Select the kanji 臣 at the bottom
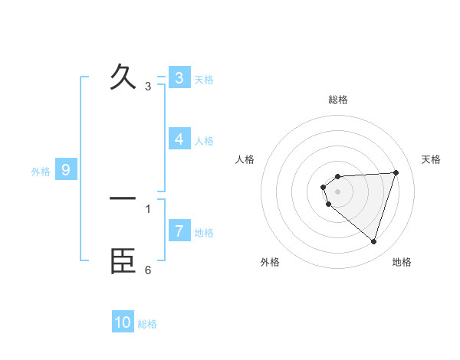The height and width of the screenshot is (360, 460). point(123,260)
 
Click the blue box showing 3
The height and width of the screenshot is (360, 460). point(179,77)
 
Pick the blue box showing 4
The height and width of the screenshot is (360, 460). point(179,139)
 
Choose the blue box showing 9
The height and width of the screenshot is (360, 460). point(66,170)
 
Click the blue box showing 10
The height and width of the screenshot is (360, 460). point(123,322)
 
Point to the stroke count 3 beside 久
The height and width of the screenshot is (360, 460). point(148,87)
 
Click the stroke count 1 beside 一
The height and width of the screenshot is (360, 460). point(148,208)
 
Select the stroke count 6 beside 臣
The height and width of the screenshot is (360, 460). point(148,270)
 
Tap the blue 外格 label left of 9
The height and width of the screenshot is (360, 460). point(41,172)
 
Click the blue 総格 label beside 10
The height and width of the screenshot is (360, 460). point(147,324)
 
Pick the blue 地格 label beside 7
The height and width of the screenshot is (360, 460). point(204,232)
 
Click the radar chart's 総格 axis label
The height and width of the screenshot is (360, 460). point(338,100)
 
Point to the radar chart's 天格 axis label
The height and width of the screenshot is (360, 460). point(431,159)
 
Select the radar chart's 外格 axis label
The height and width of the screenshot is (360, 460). point(270,262)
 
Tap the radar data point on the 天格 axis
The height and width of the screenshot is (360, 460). point(396,172)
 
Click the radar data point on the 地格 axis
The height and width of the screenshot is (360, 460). point(373,241)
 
